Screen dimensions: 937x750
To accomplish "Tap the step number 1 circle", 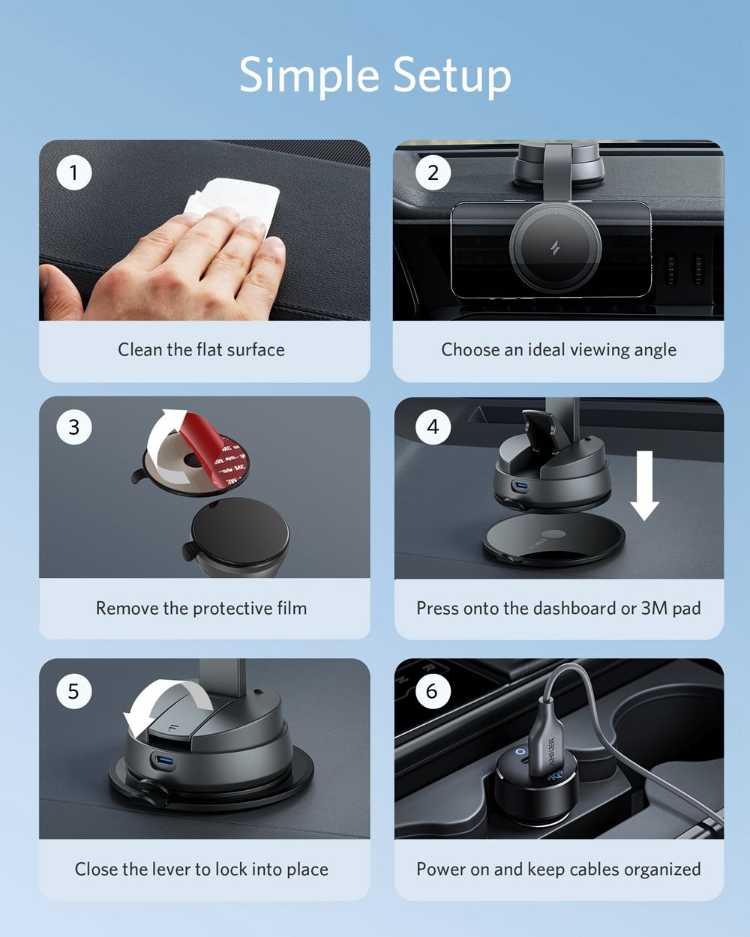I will [73, 173].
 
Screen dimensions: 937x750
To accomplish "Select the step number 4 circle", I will [433, 427].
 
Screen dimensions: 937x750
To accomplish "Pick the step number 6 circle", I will [432, 690].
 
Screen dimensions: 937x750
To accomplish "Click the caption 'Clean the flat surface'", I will [201, 350].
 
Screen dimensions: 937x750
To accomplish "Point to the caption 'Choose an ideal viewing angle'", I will [559, 350].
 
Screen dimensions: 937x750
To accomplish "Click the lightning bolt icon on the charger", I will [555, 248].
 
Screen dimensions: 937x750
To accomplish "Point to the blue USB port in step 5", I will [164, 762].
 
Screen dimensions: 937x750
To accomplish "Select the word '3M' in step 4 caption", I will [654, 609].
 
